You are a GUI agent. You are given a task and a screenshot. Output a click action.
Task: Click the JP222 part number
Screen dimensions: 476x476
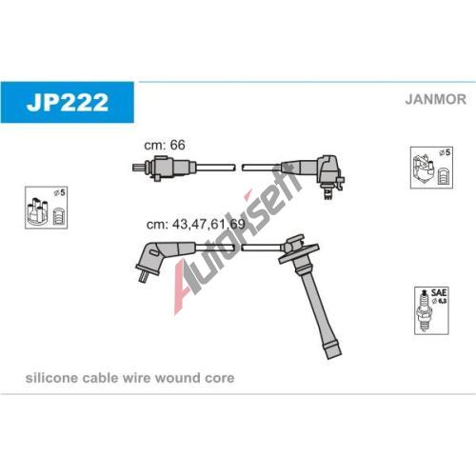68,102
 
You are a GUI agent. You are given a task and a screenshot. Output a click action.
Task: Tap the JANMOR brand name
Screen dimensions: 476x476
435,99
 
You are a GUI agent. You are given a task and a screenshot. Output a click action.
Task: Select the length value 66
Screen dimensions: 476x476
177,145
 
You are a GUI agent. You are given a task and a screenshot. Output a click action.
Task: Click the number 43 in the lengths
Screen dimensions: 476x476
179,224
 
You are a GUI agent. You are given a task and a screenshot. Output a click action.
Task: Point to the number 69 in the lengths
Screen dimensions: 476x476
237,224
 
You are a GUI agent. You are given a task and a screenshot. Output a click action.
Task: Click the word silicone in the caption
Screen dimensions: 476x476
51,378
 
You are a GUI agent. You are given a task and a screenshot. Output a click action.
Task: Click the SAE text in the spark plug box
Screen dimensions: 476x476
439,292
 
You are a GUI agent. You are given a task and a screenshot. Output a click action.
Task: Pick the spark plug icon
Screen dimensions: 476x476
424,310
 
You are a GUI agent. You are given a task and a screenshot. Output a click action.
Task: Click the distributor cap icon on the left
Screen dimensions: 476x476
37,210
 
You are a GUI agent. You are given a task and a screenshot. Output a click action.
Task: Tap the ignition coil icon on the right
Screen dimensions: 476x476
423,169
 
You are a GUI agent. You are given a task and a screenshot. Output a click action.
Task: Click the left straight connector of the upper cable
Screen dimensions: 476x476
164,168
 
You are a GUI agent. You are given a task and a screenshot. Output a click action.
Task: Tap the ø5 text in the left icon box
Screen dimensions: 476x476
59,192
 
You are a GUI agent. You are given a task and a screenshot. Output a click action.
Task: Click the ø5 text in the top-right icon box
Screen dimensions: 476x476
445,152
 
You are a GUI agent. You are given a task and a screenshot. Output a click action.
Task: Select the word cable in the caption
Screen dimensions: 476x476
98,378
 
